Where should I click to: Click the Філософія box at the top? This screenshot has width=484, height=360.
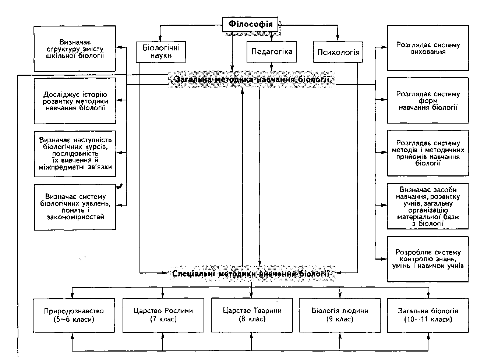(x=251, y=25)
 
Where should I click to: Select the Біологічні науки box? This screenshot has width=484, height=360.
(x=160, y=51)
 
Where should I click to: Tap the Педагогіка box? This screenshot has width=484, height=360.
(x=272, y=51)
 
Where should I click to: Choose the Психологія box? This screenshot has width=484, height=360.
(x=338, y=52)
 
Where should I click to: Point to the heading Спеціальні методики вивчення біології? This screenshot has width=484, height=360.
(x=251, y=274)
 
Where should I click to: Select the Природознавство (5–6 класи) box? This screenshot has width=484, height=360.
(x=74, y=315)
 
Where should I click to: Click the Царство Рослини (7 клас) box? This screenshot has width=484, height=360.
(x=163, y=315)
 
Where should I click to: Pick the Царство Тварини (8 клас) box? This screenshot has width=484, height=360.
(x=252, y=315)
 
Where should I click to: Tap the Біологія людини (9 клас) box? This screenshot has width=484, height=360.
(x=340, y=315)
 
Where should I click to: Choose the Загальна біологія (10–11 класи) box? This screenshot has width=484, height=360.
(x=428, y=315)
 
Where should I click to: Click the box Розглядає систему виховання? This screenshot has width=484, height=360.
(x=428, y=48)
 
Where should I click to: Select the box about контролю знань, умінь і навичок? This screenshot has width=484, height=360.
(x=428, y=259)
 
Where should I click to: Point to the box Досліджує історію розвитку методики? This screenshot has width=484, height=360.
(x=75, y=101)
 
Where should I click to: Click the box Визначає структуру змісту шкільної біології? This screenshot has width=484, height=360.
(x=75, y=49)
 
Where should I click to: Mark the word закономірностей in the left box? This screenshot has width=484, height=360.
(x=75, y=217)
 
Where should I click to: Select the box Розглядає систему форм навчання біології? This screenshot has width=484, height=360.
(x=428, y=100)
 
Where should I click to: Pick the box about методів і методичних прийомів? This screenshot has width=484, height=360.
(x=428, y=153)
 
